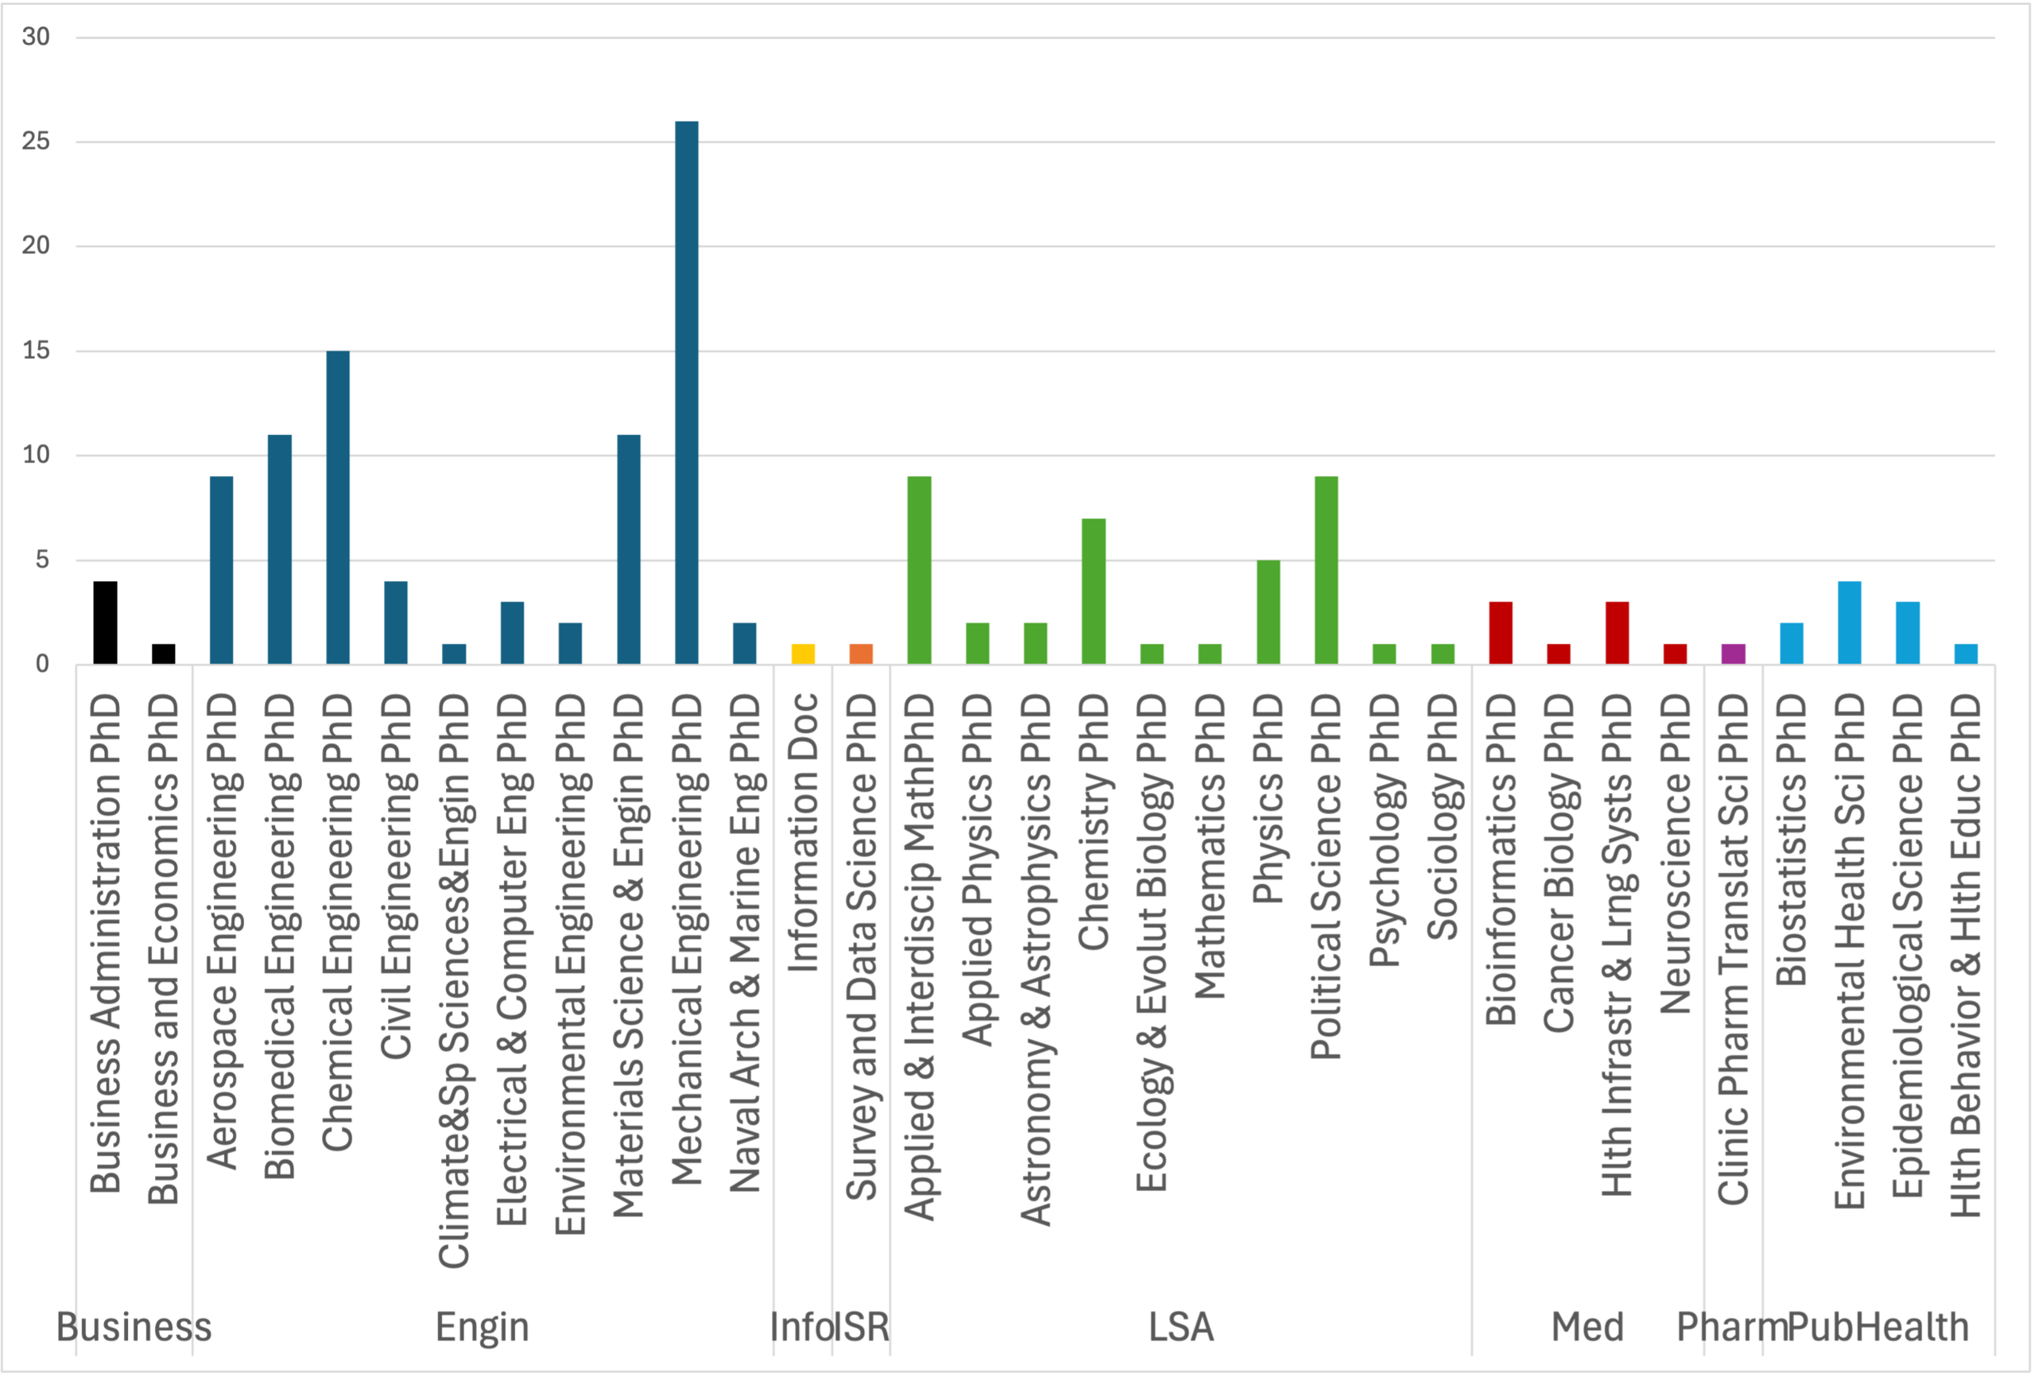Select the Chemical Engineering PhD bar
pos(338,507)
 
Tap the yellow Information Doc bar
pos(803,654)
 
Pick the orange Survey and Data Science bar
pos(861,654)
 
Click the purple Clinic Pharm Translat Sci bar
pos(1733,654)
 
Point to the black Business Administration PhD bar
pos(105,622)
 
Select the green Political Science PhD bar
pos(1326,570)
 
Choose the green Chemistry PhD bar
pos(1094,592)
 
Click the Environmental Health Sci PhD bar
pos(1849,622)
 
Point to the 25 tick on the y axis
pos(36,142)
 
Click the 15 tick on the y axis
pos(36,351)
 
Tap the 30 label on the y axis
pos(36,37)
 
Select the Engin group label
pos(483,1327)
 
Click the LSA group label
pos(1181,1327)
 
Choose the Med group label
pos(1587,1327)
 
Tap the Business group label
pos(134,1327)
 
